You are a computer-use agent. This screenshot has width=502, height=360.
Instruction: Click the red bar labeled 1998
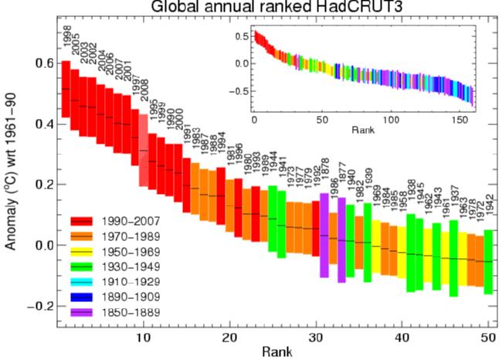(x=66, y=89)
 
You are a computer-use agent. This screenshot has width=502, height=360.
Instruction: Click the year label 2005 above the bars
(x=74, y=44)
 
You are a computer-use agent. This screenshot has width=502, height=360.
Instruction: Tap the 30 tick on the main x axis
(x=315, y=338)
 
